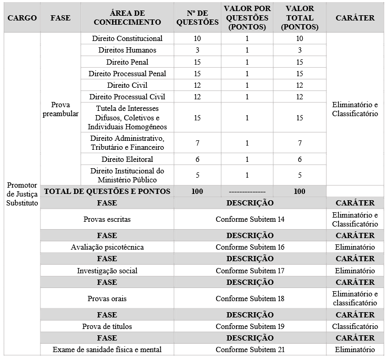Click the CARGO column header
pyautogui.click(x=22, y=17)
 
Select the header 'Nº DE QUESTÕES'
pyautogui.click(x=197, y=17)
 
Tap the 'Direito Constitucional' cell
pyautogui.click(x=127, y=38)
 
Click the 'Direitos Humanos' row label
pyautogui.click(x=127, y=50)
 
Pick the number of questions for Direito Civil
pyautogui.click(x=197, y=85)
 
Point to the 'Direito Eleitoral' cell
pyautogui.click(x=127, y=159)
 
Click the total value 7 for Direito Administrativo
pyautogui.click(x=299, y=143)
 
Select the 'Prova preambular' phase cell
pyautogui.click(x=61, y=109)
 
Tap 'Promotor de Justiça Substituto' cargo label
pyautogui.click(x=22, y=194)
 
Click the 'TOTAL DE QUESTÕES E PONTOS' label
pyautogui.click(x=107, y=191)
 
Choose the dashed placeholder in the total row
pyautogui.click(x=247, y=192)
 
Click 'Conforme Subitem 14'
pyautogui.click(x=250, y=219)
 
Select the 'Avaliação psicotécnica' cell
pyautogui.click(x=107, y=247)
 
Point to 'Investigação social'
pyautogui.click(x=107, y=271)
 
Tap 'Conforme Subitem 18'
pyautogui.click(x=250, y=299)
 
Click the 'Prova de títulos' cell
pyautogui.click(x=107, y=326)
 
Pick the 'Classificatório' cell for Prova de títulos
pyautogui.click(x=355, y=326)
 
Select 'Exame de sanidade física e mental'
pyautogui.click(x=107, y=349)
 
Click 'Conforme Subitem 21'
pyautogui.click(x=250, y=349)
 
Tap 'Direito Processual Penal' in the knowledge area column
pyautogui.click(x=127, y=74)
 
